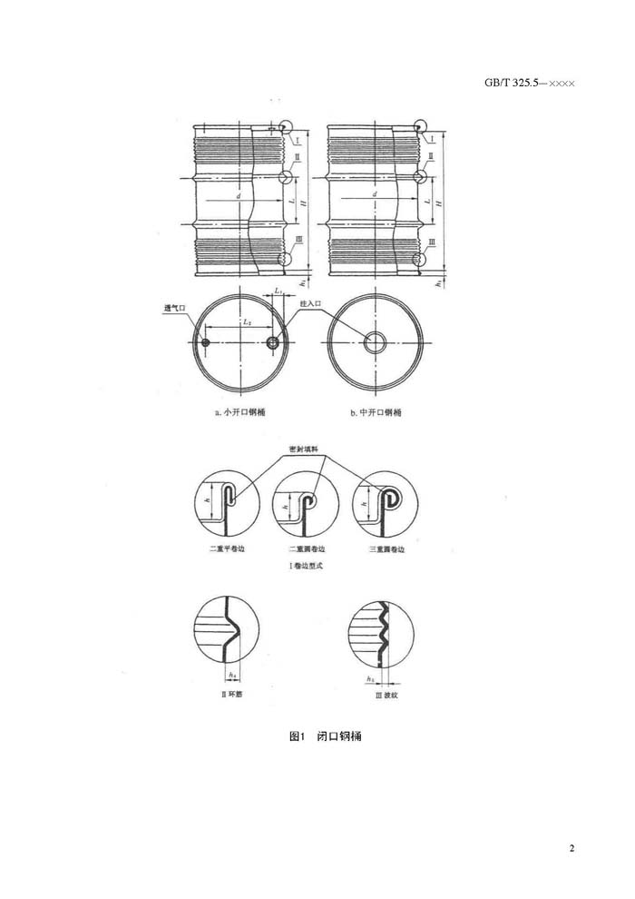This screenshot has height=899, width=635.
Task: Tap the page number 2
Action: [x=572, y=848]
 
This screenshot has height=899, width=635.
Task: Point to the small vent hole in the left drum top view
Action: [x=206, y=342]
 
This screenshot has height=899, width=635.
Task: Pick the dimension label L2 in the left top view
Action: [x=246, y=322]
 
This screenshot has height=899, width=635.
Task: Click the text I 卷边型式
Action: [x=306, y=565]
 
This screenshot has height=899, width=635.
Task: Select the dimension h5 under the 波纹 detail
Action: [x=370, y=678]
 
